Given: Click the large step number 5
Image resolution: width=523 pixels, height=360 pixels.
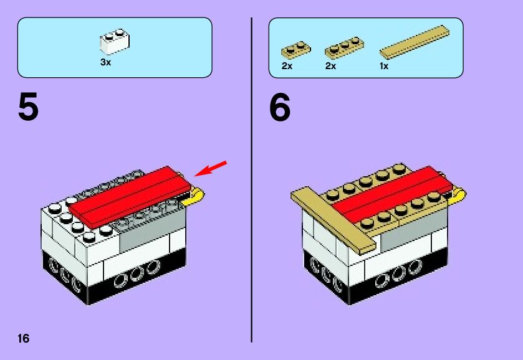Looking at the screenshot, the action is click(x=28, y=107).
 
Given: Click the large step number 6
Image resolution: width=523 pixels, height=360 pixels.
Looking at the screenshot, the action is click(x=280, y=107).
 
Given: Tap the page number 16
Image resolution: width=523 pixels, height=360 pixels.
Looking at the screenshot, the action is click(x=24, y=338).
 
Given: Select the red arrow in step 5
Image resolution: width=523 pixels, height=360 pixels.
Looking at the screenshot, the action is click(x=211, y=169).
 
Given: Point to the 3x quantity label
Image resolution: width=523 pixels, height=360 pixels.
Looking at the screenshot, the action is click(x=106, y=62).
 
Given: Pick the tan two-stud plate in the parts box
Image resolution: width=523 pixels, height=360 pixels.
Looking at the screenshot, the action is click(x=296, y=50).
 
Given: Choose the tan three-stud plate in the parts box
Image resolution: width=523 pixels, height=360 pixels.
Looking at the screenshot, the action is click(x=344, y=47).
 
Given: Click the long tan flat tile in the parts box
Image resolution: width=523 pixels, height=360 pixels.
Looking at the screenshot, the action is click(x=415, y=42).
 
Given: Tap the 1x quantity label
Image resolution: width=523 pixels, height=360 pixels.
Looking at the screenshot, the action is click(x=384, y=66).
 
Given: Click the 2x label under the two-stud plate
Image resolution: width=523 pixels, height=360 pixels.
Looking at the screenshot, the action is click(x=287, y=66).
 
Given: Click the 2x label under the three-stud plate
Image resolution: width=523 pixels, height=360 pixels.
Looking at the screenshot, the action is click(x=330, y=66).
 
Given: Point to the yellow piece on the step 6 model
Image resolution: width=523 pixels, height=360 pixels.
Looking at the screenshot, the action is click(x=456, y=196).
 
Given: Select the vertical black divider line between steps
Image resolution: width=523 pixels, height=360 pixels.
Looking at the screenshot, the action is click(x=251, y=180).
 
